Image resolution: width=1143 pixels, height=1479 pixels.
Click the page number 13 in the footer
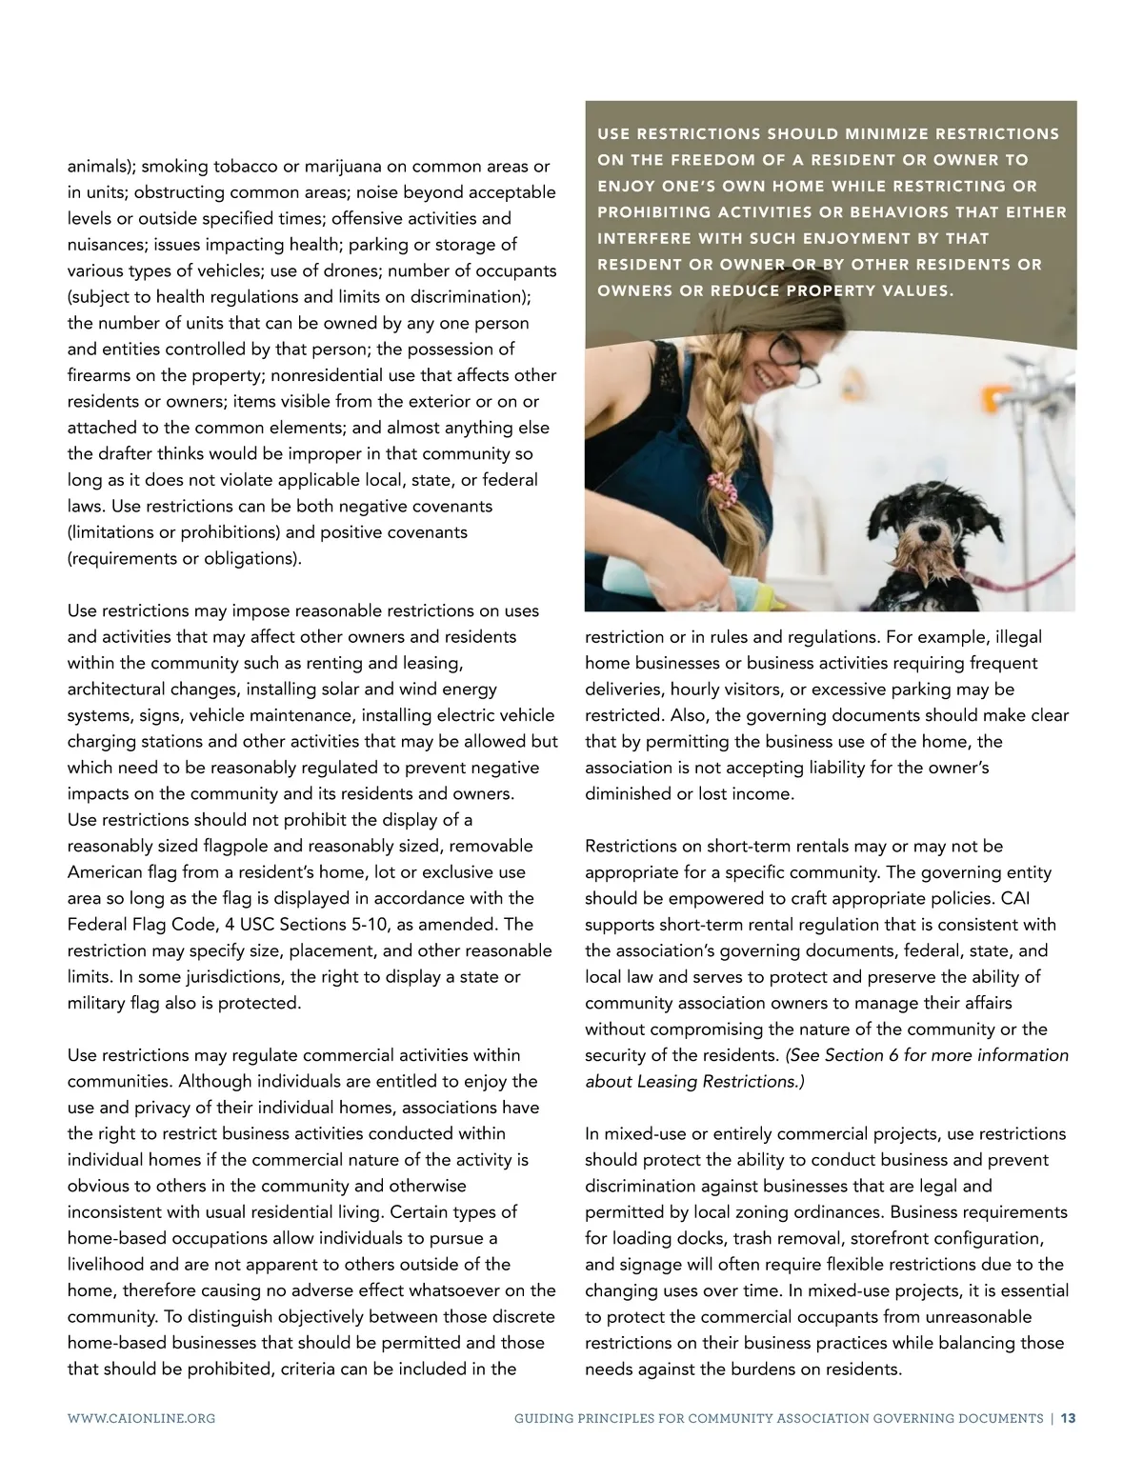(x=1069, y=1418)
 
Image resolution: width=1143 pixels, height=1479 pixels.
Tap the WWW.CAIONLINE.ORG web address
(x=141, y=1418)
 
